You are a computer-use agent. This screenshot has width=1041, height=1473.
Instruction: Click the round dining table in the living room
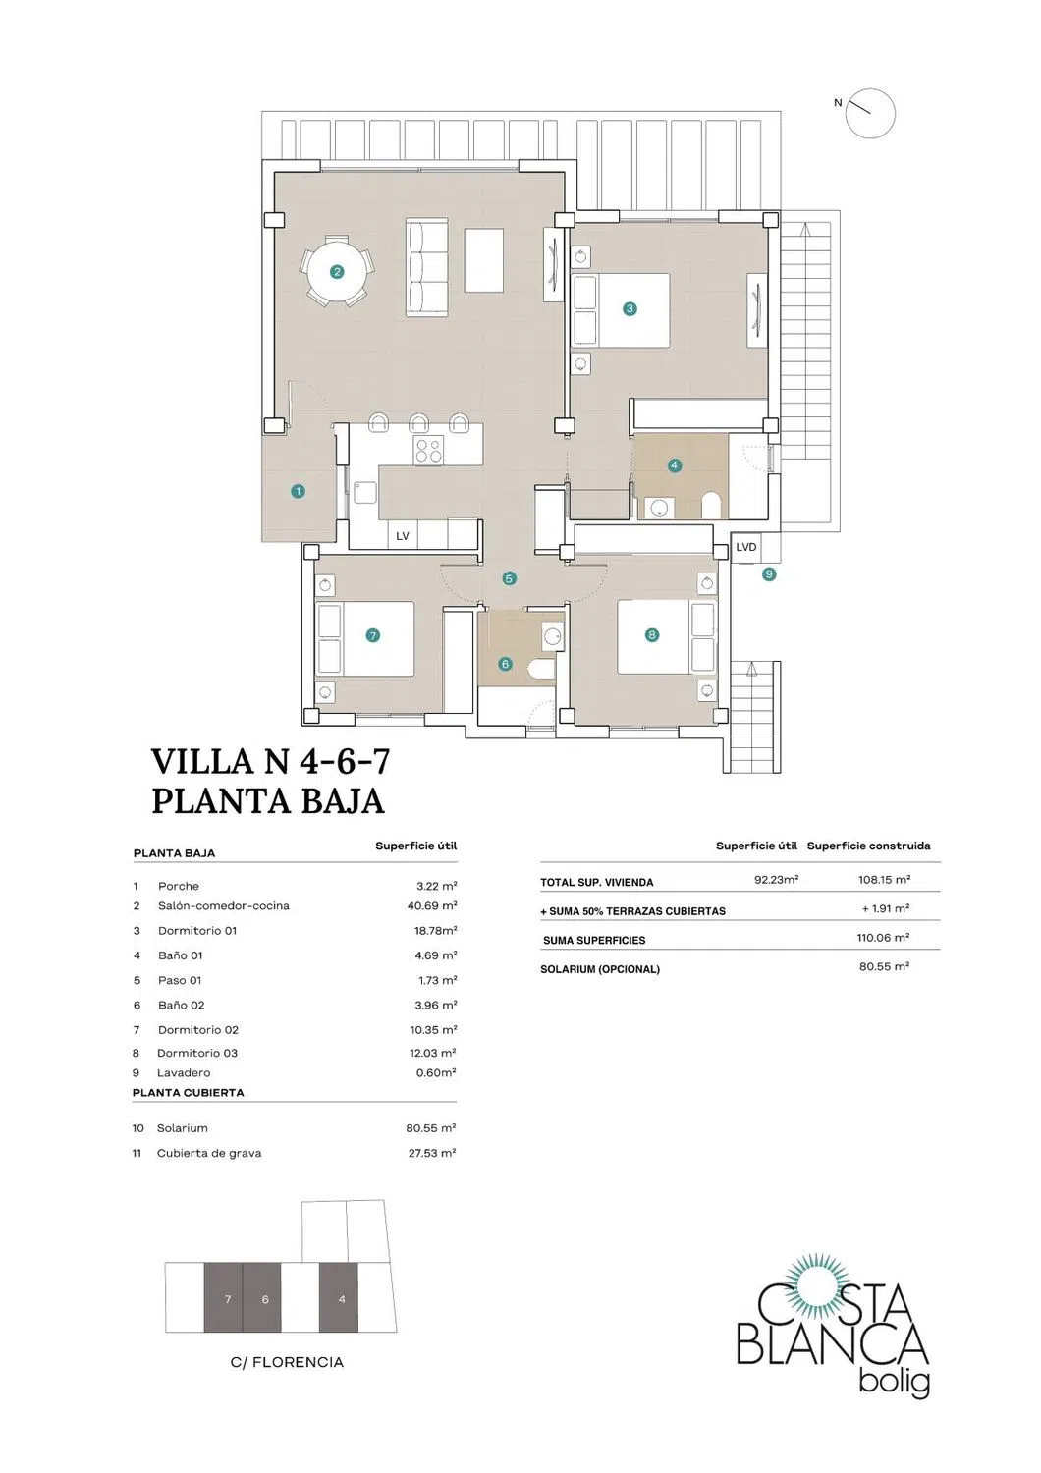[337, 271]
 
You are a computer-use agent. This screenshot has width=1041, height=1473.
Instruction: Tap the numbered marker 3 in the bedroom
[630, 308]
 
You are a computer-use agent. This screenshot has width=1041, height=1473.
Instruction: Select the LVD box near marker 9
[745, 547]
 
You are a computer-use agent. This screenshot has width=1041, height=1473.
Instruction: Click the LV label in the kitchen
[403, 536]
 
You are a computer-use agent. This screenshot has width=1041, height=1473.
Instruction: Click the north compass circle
[870, 113]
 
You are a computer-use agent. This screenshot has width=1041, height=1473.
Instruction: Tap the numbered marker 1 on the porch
[298, 491]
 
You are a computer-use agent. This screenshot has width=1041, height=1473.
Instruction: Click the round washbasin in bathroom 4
[658, 507]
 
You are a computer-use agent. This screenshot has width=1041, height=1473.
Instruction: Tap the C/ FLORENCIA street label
[287, 1363]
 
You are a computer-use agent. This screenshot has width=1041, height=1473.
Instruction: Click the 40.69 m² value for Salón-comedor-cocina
[431, 905]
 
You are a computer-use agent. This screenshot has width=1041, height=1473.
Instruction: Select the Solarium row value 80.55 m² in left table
[431, 1127]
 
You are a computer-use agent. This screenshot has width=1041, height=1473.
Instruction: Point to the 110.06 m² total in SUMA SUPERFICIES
[883, 937]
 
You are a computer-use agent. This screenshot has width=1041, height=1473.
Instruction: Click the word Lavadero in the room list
[184, 1072]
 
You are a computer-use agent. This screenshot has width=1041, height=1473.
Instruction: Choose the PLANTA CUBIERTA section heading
[189, 1092]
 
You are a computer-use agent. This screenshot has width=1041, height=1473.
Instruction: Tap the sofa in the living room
[426, 268]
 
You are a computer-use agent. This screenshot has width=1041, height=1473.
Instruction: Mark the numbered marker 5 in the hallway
[509, 578]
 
